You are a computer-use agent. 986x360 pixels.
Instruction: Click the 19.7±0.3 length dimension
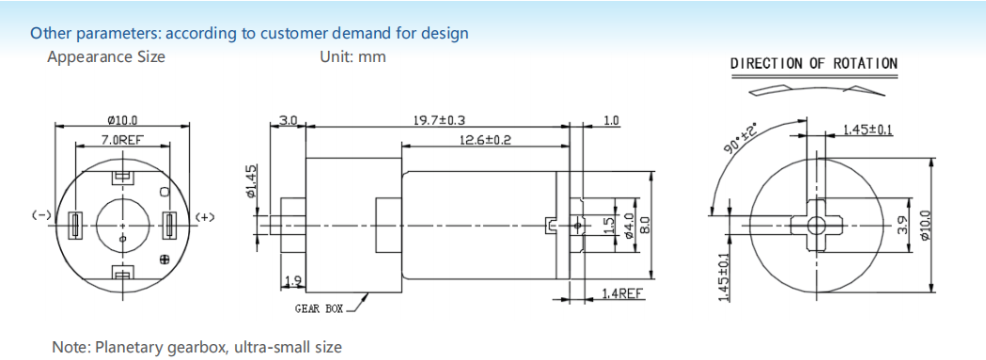(x=439, y=120)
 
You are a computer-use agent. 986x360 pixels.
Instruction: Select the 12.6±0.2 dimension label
(x=485, y=139)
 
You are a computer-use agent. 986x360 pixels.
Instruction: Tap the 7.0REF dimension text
(x=122, y=140)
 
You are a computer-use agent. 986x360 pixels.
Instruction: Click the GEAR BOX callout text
(x=320, y=309)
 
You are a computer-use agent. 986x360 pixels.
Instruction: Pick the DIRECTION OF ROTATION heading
(x=814, y=64)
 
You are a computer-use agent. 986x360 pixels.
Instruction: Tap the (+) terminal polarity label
(x=205, y=217)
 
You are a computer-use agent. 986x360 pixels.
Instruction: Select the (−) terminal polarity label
(x=41, y=215)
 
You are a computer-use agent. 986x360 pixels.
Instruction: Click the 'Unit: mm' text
(x=352, y=56)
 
